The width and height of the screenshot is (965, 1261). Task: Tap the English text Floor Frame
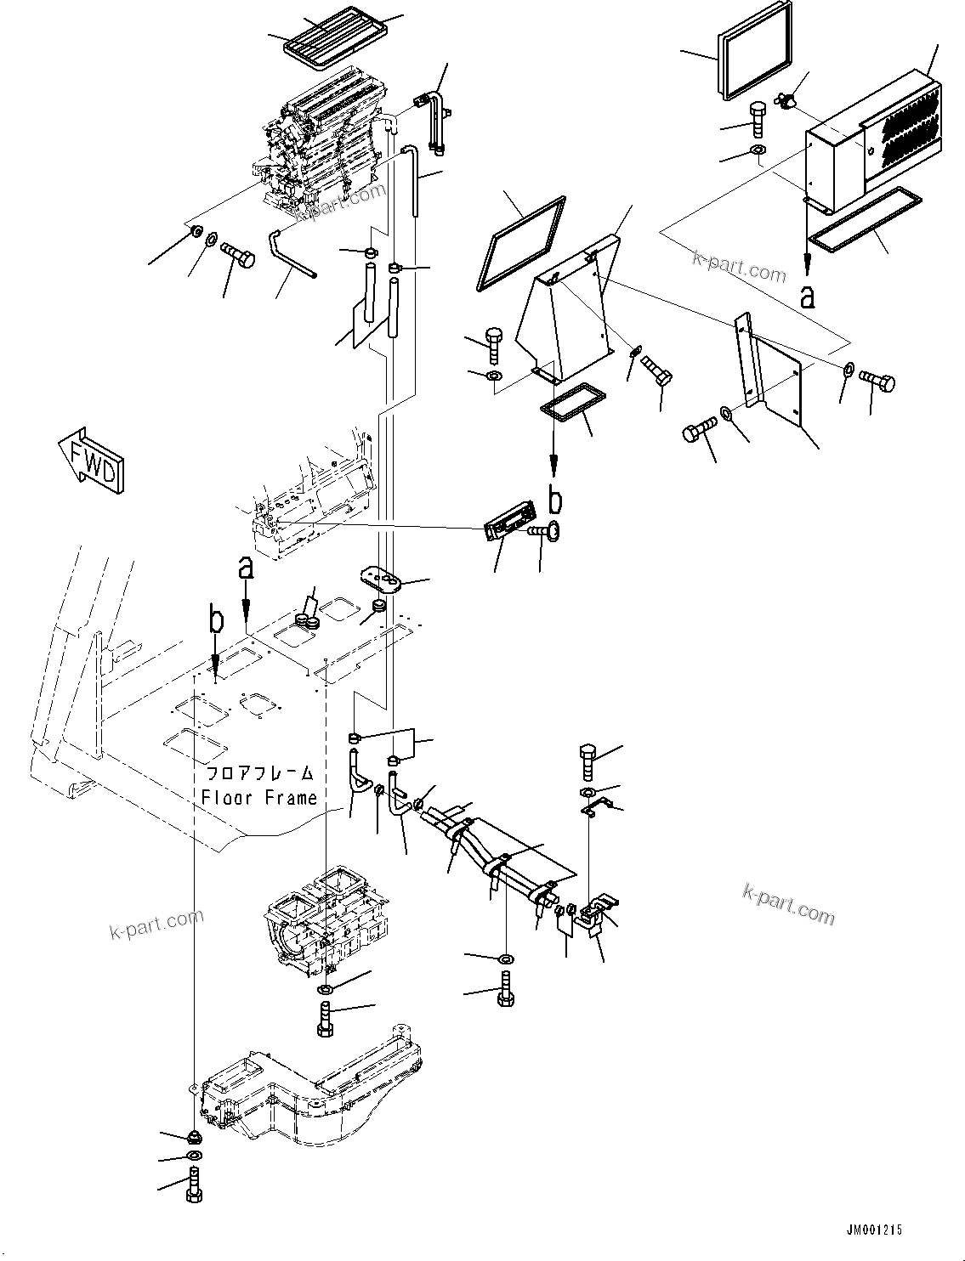tap(259, 798)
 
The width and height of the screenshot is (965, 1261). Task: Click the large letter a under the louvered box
tap(808, 296)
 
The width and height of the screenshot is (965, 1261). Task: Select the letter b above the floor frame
tap(217, 621)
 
